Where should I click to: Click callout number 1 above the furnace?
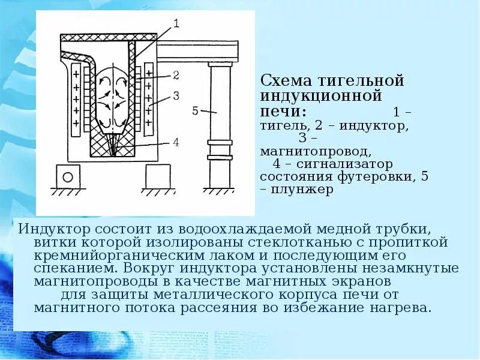click(176, 24)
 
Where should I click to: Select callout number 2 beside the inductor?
click(176, 76)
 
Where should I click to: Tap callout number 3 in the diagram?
click(176, 95)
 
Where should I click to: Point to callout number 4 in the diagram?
click(176, 142)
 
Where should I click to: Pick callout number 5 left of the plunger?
click(196, 110)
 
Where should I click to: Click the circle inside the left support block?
click(68, 176)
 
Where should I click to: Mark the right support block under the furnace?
click(158, 176)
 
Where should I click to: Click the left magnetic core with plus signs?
click(76, 99)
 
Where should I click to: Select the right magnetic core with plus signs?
click(149, 99)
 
